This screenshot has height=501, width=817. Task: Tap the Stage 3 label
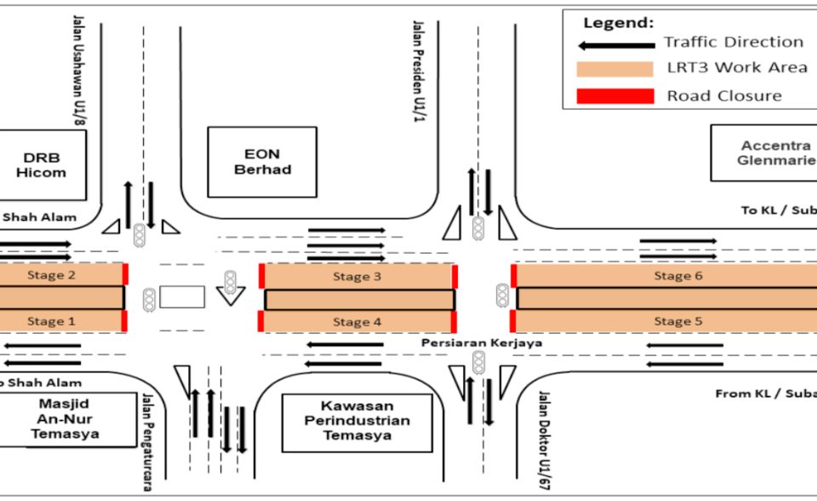pos(351,277)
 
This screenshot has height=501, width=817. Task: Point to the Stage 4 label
pos(351,322)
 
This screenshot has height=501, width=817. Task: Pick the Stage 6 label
pos(672,276)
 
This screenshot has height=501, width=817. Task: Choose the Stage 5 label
pos(672,321)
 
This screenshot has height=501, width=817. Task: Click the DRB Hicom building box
pos(41,165)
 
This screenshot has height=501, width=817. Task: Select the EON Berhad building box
pos(262,163)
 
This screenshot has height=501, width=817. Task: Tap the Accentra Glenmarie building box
pos(763,153)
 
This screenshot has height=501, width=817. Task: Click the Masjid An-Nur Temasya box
pos(66,418)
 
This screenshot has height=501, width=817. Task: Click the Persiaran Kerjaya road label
pos(482,343)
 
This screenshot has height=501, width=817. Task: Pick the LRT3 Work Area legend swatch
pos(615,69)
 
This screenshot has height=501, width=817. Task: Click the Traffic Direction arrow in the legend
pos(616,43)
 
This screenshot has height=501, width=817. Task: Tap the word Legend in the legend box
pos(618,22)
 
